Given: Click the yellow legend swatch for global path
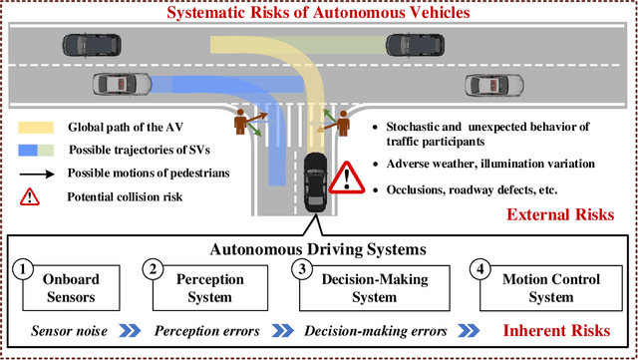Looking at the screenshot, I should [x=35, y=128].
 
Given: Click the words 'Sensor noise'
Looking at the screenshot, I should [x=64, y=331].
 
